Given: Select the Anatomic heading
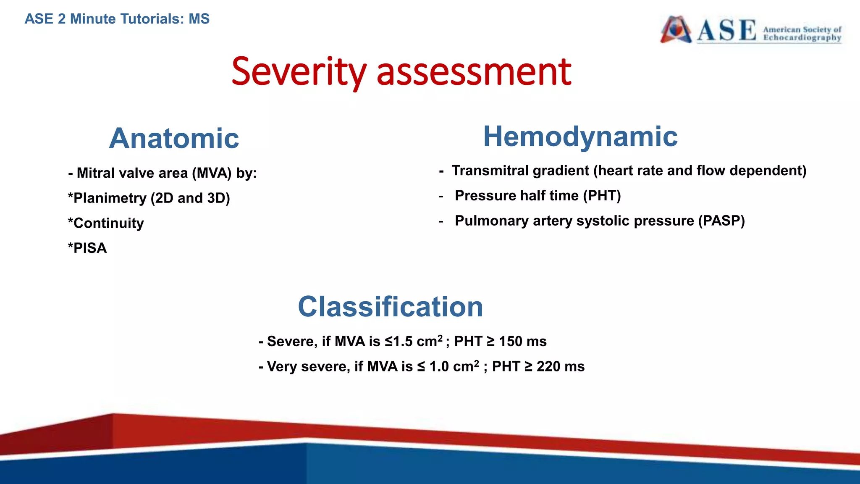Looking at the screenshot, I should [174, 138].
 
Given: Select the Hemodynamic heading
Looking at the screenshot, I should [580, 137].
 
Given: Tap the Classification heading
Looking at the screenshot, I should [390, 306].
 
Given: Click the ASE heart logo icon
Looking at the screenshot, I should [676, 29].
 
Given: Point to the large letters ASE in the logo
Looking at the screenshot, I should [726, 30].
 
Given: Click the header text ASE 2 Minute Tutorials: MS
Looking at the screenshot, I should [117, 19].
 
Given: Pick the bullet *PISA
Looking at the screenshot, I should [87, 248].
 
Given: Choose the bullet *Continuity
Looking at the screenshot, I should [106, 223].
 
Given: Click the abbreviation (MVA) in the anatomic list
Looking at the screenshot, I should [212, 173].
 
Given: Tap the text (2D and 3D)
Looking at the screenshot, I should [190, 198].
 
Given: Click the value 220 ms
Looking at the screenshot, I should [560, 367].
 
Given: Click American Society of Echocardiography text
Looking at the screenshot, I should [802, 34].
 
